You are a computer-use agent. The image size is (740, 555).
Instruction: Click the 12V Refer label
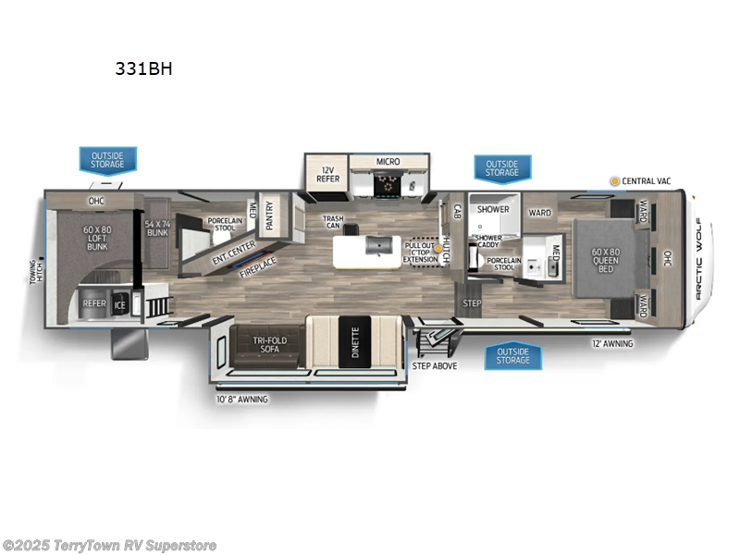tap(326, 175)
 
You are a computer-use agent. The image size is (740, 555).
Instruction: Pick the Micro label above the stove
tap(388, 162)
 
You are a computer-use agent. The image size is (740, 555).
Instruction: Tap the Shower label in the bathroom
tap(493, 209)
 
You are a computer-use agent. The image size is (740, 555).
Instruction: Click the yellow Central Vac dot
tap(613, 180)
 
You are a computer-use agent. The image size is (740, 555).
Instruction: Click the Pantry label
tap(269, 216)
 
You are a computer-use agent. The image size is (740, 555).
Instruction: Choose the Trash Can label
tap(333, 223)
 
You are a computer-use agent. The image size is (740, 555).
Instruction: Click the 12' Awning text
tap(611, 344)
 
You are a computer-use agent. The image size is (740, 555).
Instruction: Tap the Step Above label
tap(434, 365)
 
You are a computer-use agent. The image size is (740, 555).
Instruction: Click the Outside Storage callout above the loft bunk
tap(107, 159)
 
